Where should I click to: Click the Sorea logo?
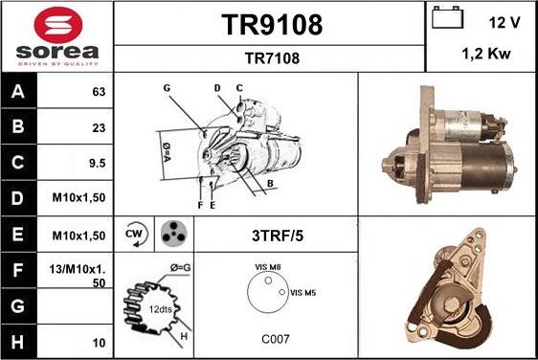pos(56,36)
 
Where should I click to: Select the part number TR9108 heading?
pos(272,24)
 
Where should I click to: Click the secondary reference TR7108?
pos(272,57)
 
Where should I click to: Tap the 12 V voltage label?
pos(504,21)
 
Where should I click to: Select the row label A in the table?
pos(19,93)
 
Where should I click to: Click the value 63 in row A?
pos(98,93)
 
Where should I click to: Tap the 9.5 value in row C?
pos(97,164)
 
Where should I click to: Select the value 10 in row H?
pos(98,342)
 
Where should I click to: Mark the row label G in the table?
pos(19,306)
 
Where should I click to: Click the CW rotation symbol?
pos(134,233)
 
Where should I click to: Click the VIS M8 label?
pos(267,267)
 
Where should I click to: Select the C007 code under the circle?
pos(276,338)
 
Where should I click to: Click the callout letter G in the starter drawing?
pos(167,87)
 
